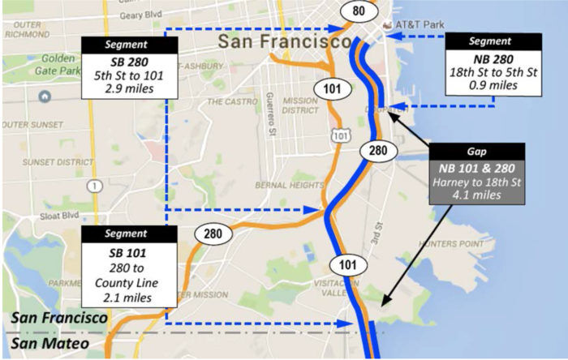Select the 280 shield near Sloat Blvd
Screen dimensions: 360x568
[x=213, y=234]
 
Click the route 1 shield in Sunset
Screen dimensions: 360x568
[x=96, y=186]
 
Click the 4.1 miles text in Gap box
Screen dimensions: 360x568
[x=477, y=195]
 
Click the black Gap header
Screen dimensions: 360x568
[x=477, y=152]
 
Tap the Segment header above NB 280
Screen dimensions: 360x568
[x=489, y=41]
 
